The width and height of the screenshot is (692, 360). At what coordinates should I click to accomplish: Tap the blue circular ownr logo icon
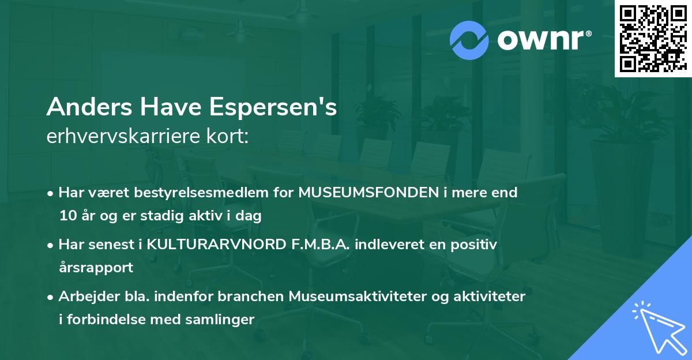pos(470,40)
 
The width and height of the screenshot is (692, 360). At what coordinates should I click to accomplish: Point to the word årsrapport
pos(96,268)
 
